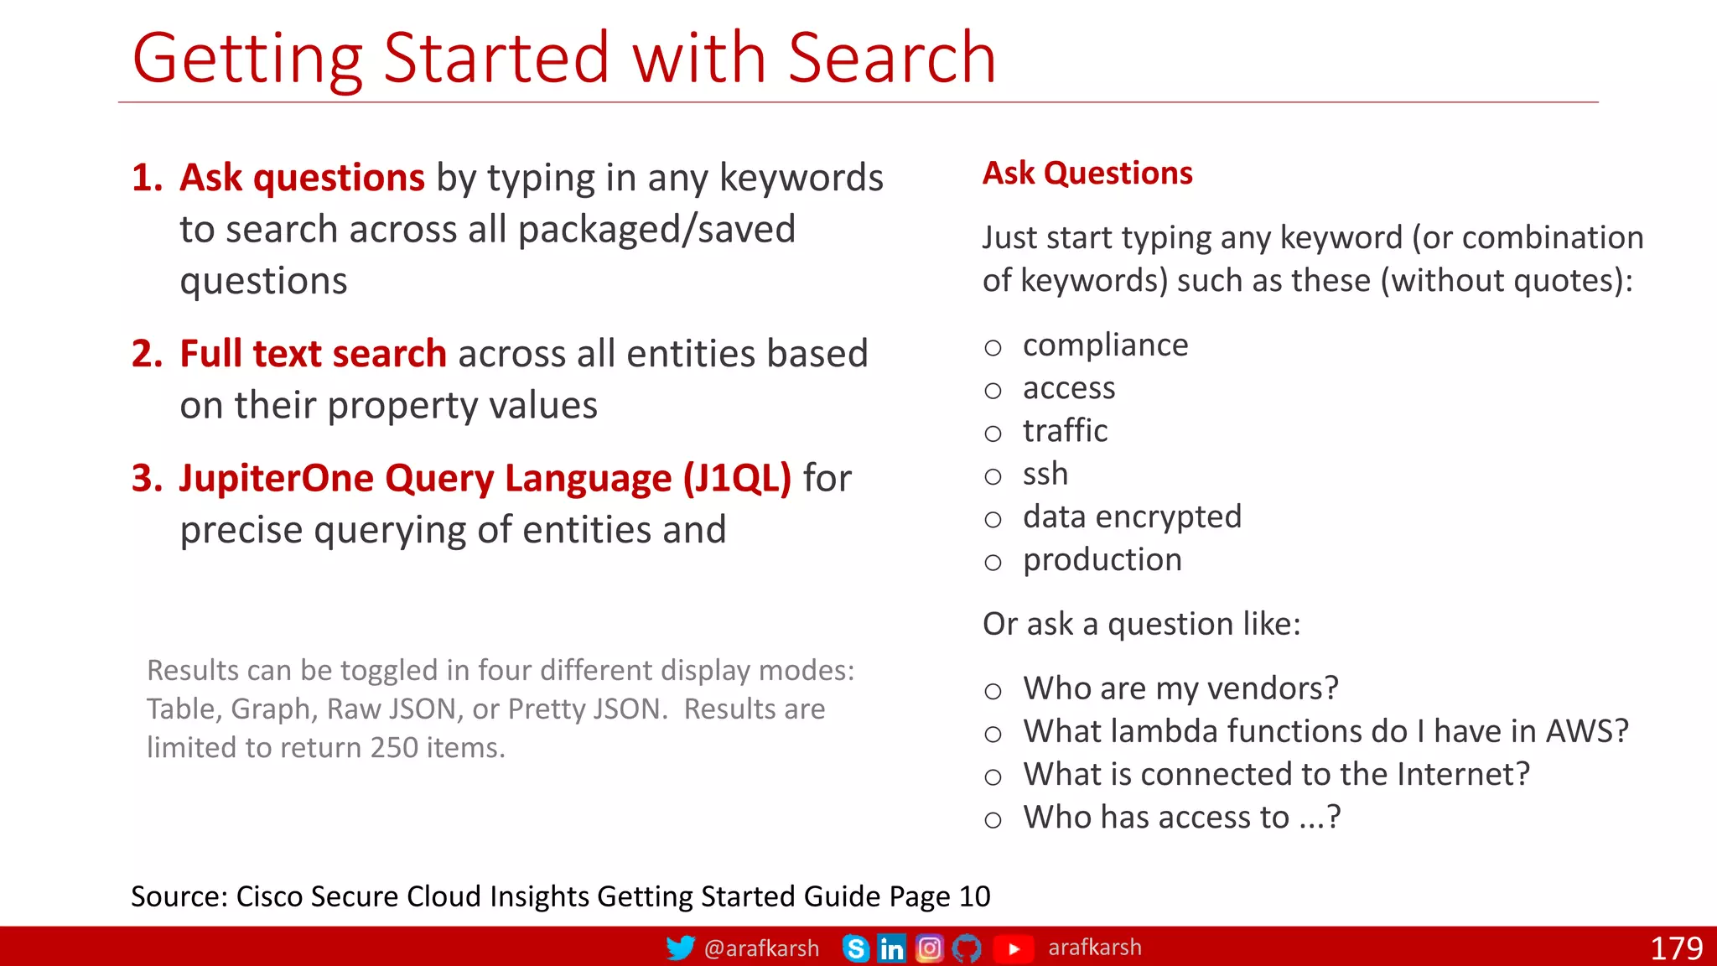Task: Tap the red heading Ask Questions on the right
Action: tap(1087, 174)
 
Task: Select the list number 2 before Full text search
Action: tap(147, 354)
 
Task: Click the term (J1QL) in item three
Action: tap(737, 479)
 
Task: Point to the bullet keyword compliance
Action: tap(1105, 345)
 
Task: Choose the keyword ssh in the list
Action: tap(1045, 474)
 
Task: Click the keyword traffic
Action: tap(1065, 431)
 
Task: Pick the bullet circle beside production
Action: tap(993, 563)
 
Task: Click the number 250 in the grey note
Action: tap(394, 747)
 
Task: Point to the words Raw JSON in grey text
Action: tap(392, 709)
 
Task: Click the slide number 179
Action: tap(1676, 948)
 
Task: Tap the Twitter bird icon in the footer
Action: tap(680, 948)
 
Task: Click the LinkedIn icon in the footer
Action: tap(891, 948)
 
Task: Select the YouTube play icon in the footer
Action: tap(1014, 948)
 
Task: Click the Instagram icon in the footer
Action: tap(929, 948)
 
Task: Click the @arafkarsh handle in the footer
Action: tap(761, 948)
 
